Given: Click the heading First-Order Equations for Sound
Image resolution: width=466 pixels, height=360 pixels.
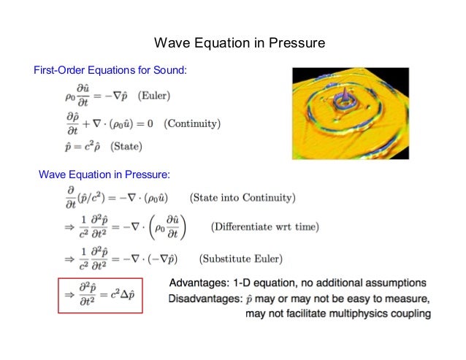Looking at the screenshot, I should [x=111, y=70].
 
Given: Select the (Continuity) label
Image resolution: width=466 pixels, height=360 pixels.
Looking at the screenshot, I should [x=192, y=123].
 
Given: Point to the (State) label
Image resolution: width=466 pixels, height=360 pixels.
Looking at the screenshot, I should [x=126, y=146].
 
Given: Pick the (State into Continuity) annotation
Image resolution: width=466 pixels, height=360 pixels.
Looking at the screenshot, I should [x=242, y=197].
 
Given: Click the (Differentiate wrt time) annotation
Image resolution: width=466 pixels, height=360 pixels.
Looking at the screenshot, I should [x=265, y=227].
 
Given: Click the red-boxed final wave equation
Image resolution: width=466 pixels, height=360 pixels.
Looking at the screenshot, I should [x=102, y=295].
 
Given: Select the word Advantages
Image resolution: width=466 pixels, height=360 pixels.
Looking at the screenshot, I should [x=201, y=283].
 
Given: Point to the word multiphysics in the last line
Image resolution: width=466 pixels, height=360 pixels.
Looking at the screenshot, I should [x=359, y=314].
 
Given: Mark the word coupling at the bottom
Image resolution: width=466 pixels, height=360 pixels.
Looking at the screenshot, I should [x=410, y=314].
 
